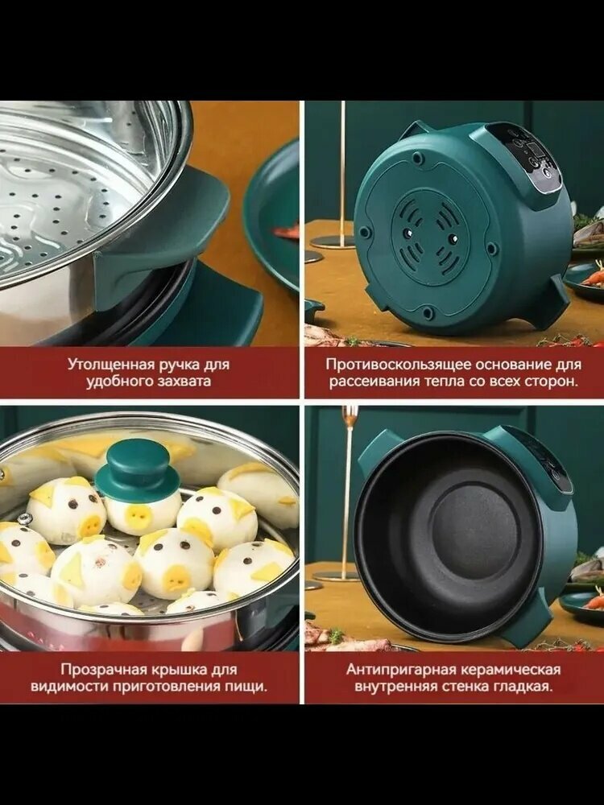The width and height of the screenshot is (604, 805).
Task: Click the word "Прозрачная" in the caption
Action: pos(105,669)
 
